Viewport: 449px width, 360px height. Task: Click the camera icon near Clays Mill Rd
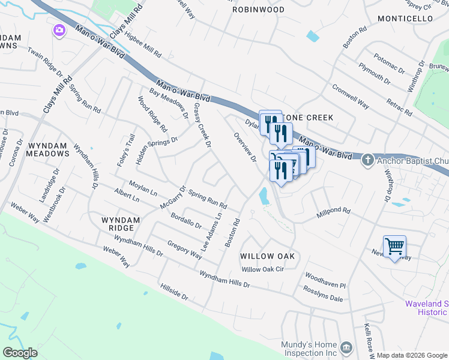coord(59,30)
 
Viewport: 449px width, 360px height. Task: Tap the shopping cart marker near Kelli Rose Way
coord(394,246)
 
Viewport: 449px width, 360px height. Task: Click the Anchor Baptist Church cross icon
coord(367,160)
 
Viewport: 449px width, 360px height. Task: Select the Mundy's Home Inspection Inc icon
coord(346,348)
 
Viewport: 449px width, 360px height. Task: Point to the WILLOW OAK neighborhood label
coord(268,256)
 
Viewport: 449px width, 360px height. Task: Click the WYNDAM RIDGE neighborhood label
coord(121,224)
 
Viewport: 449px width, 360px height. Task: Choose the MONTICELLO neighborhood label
coord(405,19)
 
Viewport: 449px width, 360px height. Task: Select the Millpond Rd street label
coord(333,211)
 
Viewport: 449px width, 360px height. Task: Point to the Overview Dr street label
coord(245,148)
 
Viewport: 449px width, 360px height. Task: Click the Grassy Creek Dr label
coord(202,125)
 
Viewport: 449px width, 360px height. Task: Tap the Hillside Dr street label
coord(174,292)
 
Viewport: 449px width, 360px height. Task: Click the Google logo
coord(20,353)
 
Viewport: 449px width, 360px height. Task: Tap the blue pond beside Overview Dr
coord(264,196)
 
